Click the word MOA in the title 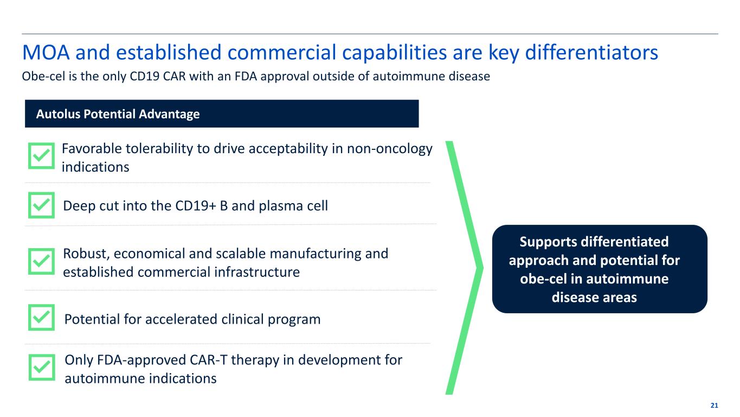tap(46, 52)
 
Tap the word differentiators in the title tap(591, 52)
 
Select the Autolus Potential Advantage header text tap(118, 114)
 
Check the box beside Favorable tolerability tap(41, 155)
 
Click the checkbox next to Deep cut tap(41, 205)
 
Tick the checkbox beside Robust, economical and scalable tap(41, 262)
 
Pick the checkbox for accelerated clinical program tap(41, 318)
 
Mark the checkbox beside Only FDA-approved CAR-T tap(42, 368)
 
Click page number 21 tap(714, 406)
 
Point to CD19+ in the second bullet tap(196, 206)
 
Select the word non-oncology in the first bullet tap(389, 149)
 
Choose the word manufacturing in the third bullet tap(316, 254)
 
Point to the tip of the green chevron tap(483, 268)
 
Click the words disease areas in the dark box tap(594, 297)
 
